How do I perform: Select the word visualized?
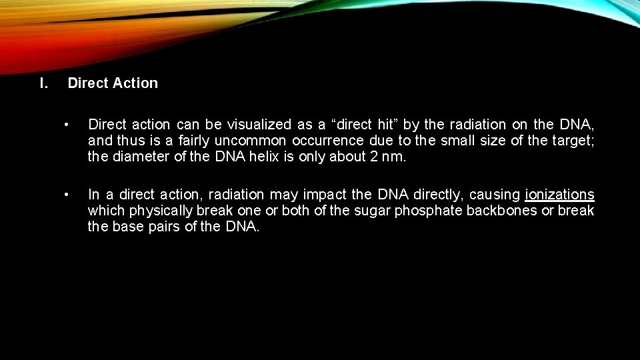click(259, 125)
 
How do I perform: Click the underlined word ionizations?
click(559, 195)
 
